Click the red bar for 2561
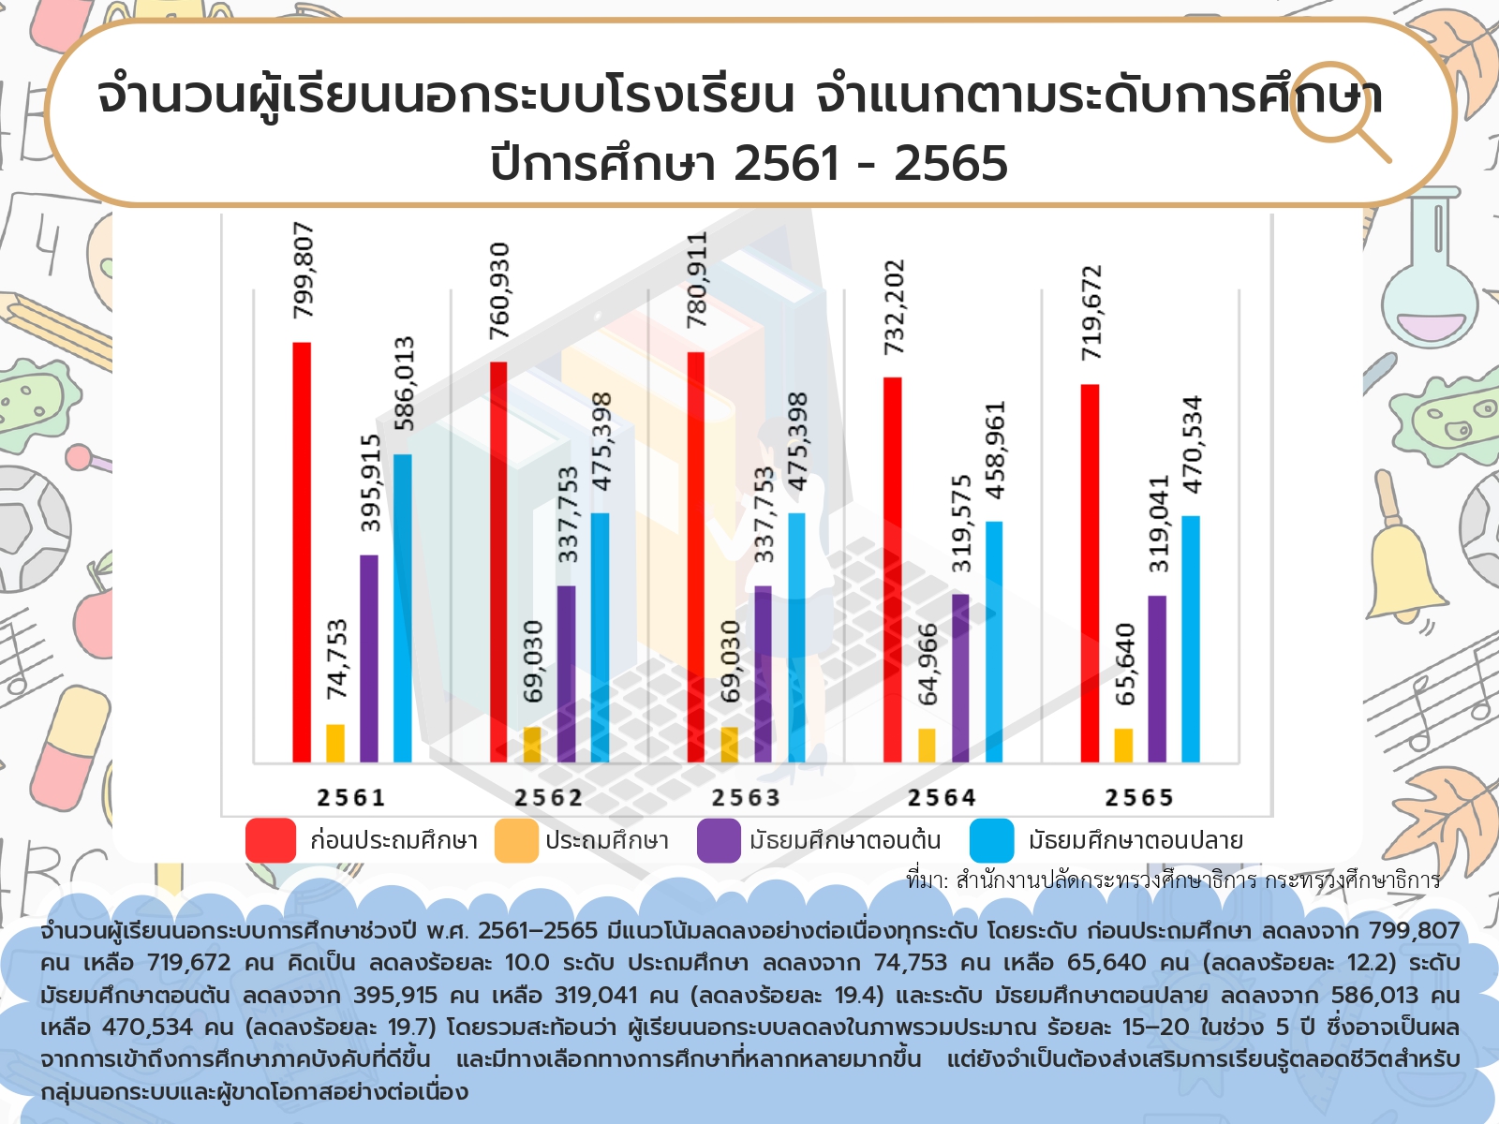302,553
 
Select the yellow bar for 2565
1123,746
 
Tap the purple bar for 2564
960,678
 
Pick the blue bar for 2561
403,608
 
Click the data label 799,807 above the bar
304,270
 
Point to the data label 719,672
1091,313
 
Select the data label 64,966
928,664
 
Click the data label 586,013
404,383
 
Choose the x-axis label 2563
746,798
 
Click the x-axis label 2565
1139,798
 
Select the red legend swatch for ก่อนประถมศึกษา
271,840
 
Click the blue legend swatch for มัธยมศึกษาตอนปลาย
992,840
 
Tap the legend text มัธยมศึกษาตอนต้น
845,840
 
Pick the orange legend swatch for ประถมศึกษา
516,840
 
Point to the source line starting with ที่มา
1173,880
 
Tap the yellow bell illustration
1402,562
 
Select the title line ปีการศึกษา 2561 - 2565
749,164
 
